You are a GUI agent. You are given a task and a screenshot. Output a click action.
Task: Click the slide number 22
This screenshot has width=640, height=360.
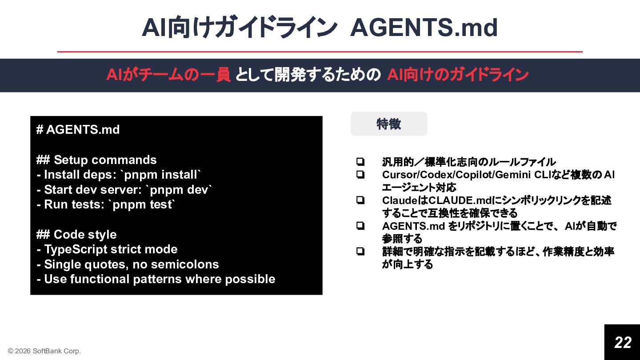pyautogui.click(x=623, y=342)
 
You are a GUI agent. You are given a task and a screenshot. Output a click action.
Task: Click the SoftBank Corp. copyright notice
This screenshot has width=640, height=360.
pyautogui.click(x=44, y=351)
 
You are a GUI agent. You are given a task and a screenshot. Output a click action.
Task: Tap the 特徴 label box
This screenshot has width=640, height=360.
pyautogui.click(x=389, y=124)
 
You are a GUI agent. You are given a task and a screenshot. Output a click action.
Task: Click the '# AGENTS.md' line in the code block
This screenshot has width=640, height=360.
pyautogui.click(x=78, y=130)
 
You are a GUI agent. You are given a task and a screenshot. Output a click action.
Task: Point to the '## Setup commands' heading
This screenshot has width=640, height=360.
pyautogui.click(x=96, y=160)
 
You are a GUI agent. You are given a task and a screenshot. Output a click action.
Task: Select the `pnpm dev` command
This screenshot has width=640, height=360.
pyautogui.click(x=179, y=190)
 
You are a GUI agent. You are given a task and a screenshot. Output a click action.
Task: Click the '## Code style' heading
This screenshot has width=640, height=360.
pyautogui.click(x=76, y=235)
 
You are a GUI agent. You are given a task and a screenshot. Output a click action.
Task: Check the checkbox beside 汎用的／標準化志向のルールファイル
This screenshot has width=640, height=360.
pyautogui.click(x=360, y=162)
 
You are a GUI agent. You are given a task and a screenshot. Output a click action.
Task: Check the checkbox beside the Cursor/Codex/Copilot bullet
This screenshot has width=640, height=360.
pyautogui.click(x=360, y=175)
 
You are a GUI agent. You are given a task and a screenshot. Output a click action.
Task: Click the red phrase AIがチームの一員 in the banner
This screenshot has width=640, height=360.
pyautogui.click(x=168, y=75)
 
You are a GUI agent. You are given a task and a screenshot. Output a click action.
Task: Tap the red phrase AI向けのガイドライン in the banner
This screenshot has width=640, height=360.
pyautogui.click(x=457, y=75)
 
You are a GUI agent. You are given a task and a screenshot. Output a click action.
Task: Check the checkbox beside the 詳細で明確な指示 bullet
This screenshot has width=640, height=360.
pyautogui.click(x=360, y=252)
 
